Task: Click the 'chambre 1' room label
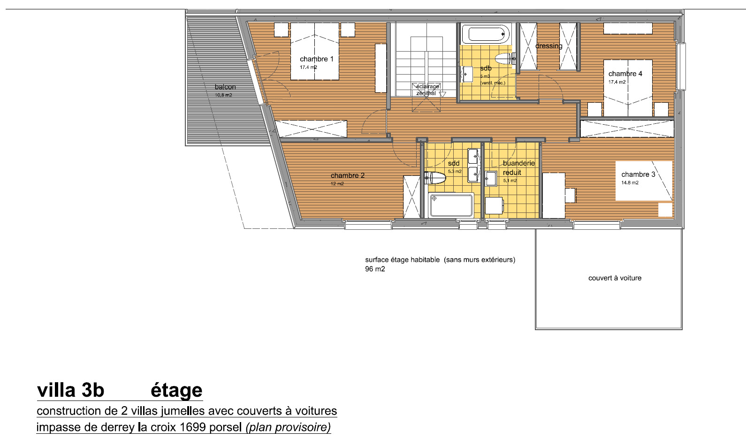(x=317, y=59)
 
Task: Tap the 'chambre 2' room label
(x=347, y=175)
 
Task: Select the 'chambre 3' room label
(x=638, y=174)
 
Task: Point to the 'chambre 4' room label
(x=625, y=74)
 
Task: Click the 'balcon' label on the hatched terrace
(x=225, y=87)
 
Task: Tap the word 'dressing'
(x=548, y=46)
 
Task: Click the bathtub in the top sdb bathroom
(x=486, y=34)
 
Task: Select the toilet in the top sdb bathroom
(x=504, y=59)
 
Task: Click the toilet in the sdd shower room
(x=435, y=178)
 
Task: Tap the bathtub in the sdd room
(x=451, y=205)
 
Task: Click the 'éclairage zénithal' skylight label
(x=427, y=90)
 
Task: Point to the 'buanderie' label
(x=518, y=163)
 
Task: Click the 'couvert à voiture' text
(x=615, y=278)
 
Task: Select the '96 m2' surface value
(x=375, y=269)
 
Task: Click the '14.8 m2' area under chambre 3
(x=630, y=183)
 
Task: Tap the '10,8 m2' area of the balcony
(x=223, y=95)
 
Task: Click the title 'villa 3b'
(x=70, y=390)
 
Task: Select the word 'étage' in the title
(x=176, y=390)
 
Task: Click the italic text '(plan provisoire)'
(x=288, y=427)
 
